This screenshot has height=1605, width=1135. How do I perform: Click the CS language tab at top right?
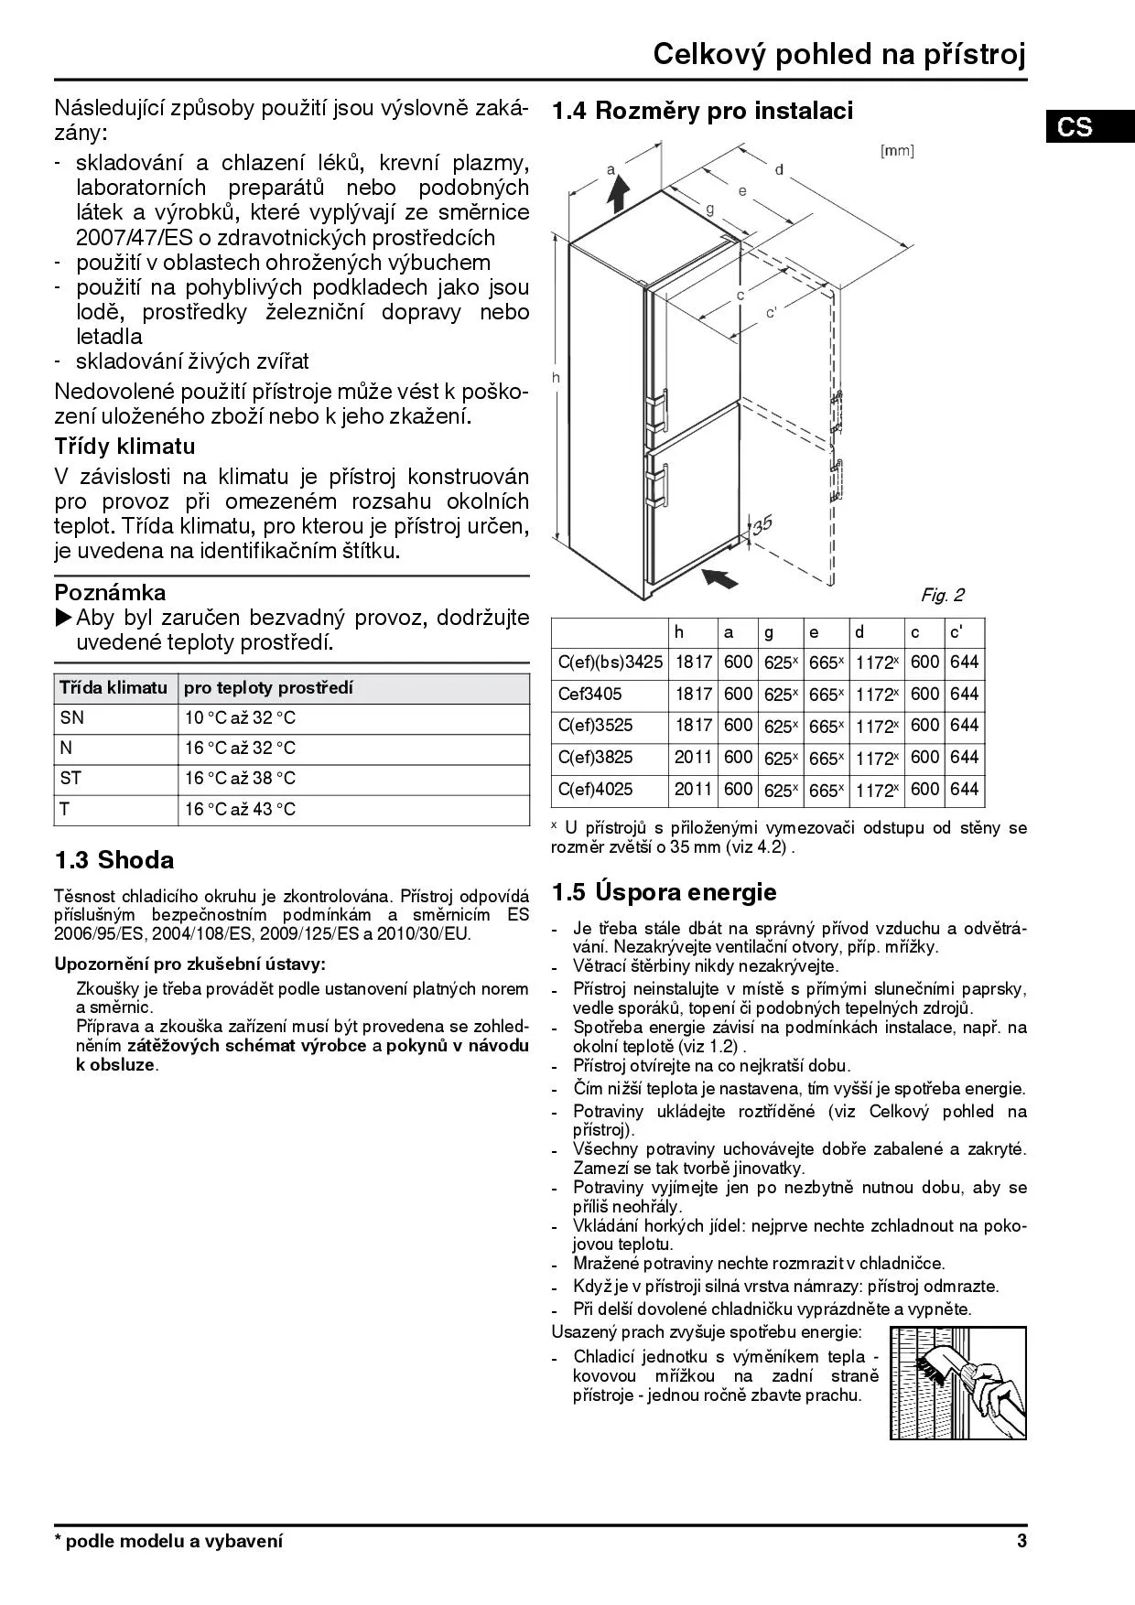(1076, 125)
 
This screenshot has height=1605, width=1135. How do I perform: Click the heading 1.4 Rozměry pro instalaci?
(702, 111)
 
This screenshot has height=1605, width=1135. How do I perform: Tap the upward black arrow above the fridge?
(619, 195)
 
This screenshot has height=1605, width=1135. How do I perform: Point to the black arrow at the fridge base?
(720, 578)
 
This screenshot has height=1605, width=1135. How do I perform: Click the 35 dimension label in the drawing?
(762, 524)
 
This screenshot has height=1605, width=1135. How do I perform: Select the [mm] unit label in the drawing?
(896, 151)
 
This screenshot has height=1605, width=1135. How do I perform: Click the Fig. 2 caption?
(942, 596)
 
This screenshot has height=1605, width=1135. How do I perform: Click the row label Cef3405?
(590, 694)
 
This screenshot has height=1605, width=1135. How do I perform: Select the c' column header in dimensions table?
(957, 631)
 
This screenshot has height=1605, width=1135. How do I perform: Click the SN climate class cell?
(72, 718)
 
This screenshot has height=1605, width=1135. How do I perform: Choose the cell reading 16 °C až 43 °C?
(240, 809)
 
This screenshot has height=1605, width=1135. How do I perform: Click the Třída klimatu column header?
(113, 687)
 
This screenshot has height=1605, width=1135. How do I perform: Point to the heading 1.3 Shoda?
(114, 860)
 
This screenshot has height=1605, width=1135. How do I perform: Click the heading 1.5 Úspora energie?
(665, 892)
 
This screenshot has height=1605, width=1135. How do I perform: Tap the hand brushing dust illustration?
(957, 1382)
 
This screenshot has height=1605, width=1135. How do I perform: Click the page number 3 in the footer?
(1021, 1541)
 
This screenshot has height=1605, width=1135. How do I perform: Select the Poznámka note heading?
(110, 592)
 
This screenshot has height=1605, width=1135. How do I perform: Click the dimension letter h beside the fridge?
(556, 377)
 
